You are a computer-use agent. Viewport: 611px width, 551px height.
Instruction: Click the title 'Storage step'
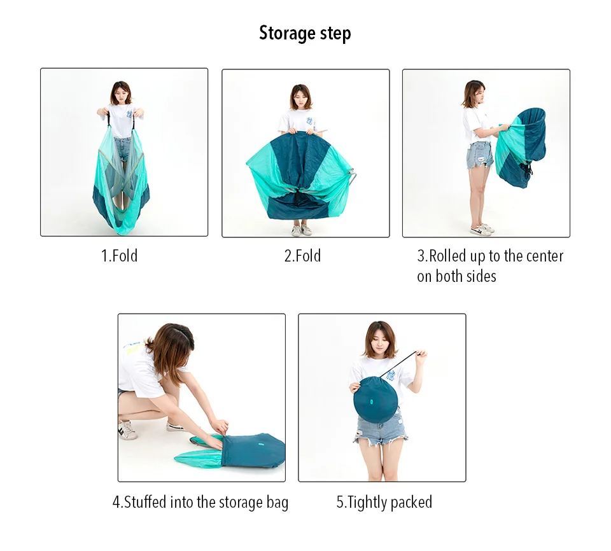click(305, 33)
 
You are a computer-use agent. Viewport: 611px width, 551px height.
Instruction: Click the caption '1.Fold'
click(119, 256)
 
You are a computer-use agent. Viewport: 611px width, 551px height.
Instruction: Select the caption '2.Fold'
click(302, 256)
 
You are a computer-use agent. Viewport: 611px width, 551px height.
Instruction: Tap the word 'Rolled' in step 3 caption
click(447, 256)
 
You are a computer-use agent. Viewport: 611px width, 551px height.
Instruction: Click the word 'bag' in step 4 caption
click(277, 503)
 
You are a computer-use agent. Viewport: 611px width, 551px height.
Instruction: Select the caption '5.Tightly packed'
click(384, 502)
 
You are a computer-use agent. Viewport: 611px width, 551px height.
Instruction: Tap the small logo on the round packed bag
click(370, 401)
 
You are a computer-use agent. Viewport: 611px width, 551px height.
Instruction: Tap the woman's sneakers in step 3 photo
click(482, 229)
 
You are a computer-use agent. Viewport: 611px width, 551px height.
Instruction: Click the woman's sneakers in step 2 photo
click(302, 230)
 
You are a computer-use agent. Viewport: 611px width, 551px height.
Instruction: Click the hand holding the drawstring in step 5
click(421, 356)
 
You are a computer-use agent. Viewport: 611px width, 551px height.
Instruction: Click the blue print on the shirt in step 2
click(310, 121)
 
